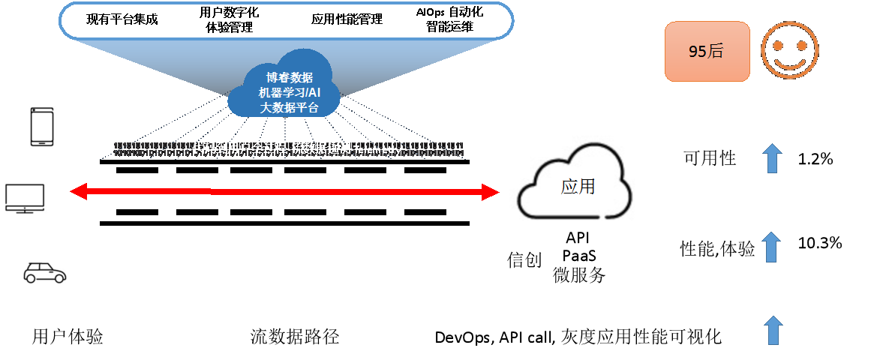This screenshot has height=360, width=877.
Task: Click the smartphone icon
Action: pos(41,127)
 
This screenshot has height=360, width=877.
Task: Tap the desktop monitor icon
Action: pos(25,198)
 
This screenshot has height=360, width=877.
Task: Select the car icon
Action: pos(44,272)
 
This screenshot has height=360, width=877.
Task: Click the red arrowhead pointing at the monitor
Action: pos(78,193)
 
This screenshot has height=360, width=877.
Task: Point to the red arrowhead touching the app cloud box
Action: pos(491,193)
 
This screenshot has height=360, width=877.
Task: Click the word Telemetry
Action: pos(377,149)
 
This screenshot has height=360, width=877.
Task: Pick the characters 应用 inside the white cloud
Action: pos(578,186)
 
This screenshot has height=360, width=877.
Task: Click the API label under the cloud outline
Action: pos(578,238)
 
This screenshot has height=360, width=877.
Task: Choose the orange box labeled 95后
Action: pos(707,51)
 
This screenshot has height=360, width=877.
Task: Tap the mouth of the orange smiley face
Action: pos(790,59)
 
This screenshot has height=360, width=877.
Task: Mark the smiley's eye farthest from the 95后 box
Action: pos(802,46)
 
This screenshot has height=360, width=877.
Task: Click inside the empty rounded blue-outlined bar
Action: pos(286,20)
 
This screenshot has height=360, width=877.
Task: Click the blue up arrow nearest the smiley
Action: pos(772,158)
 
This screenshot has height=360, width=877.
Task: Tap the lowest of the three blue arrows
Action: pos(772,330)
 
